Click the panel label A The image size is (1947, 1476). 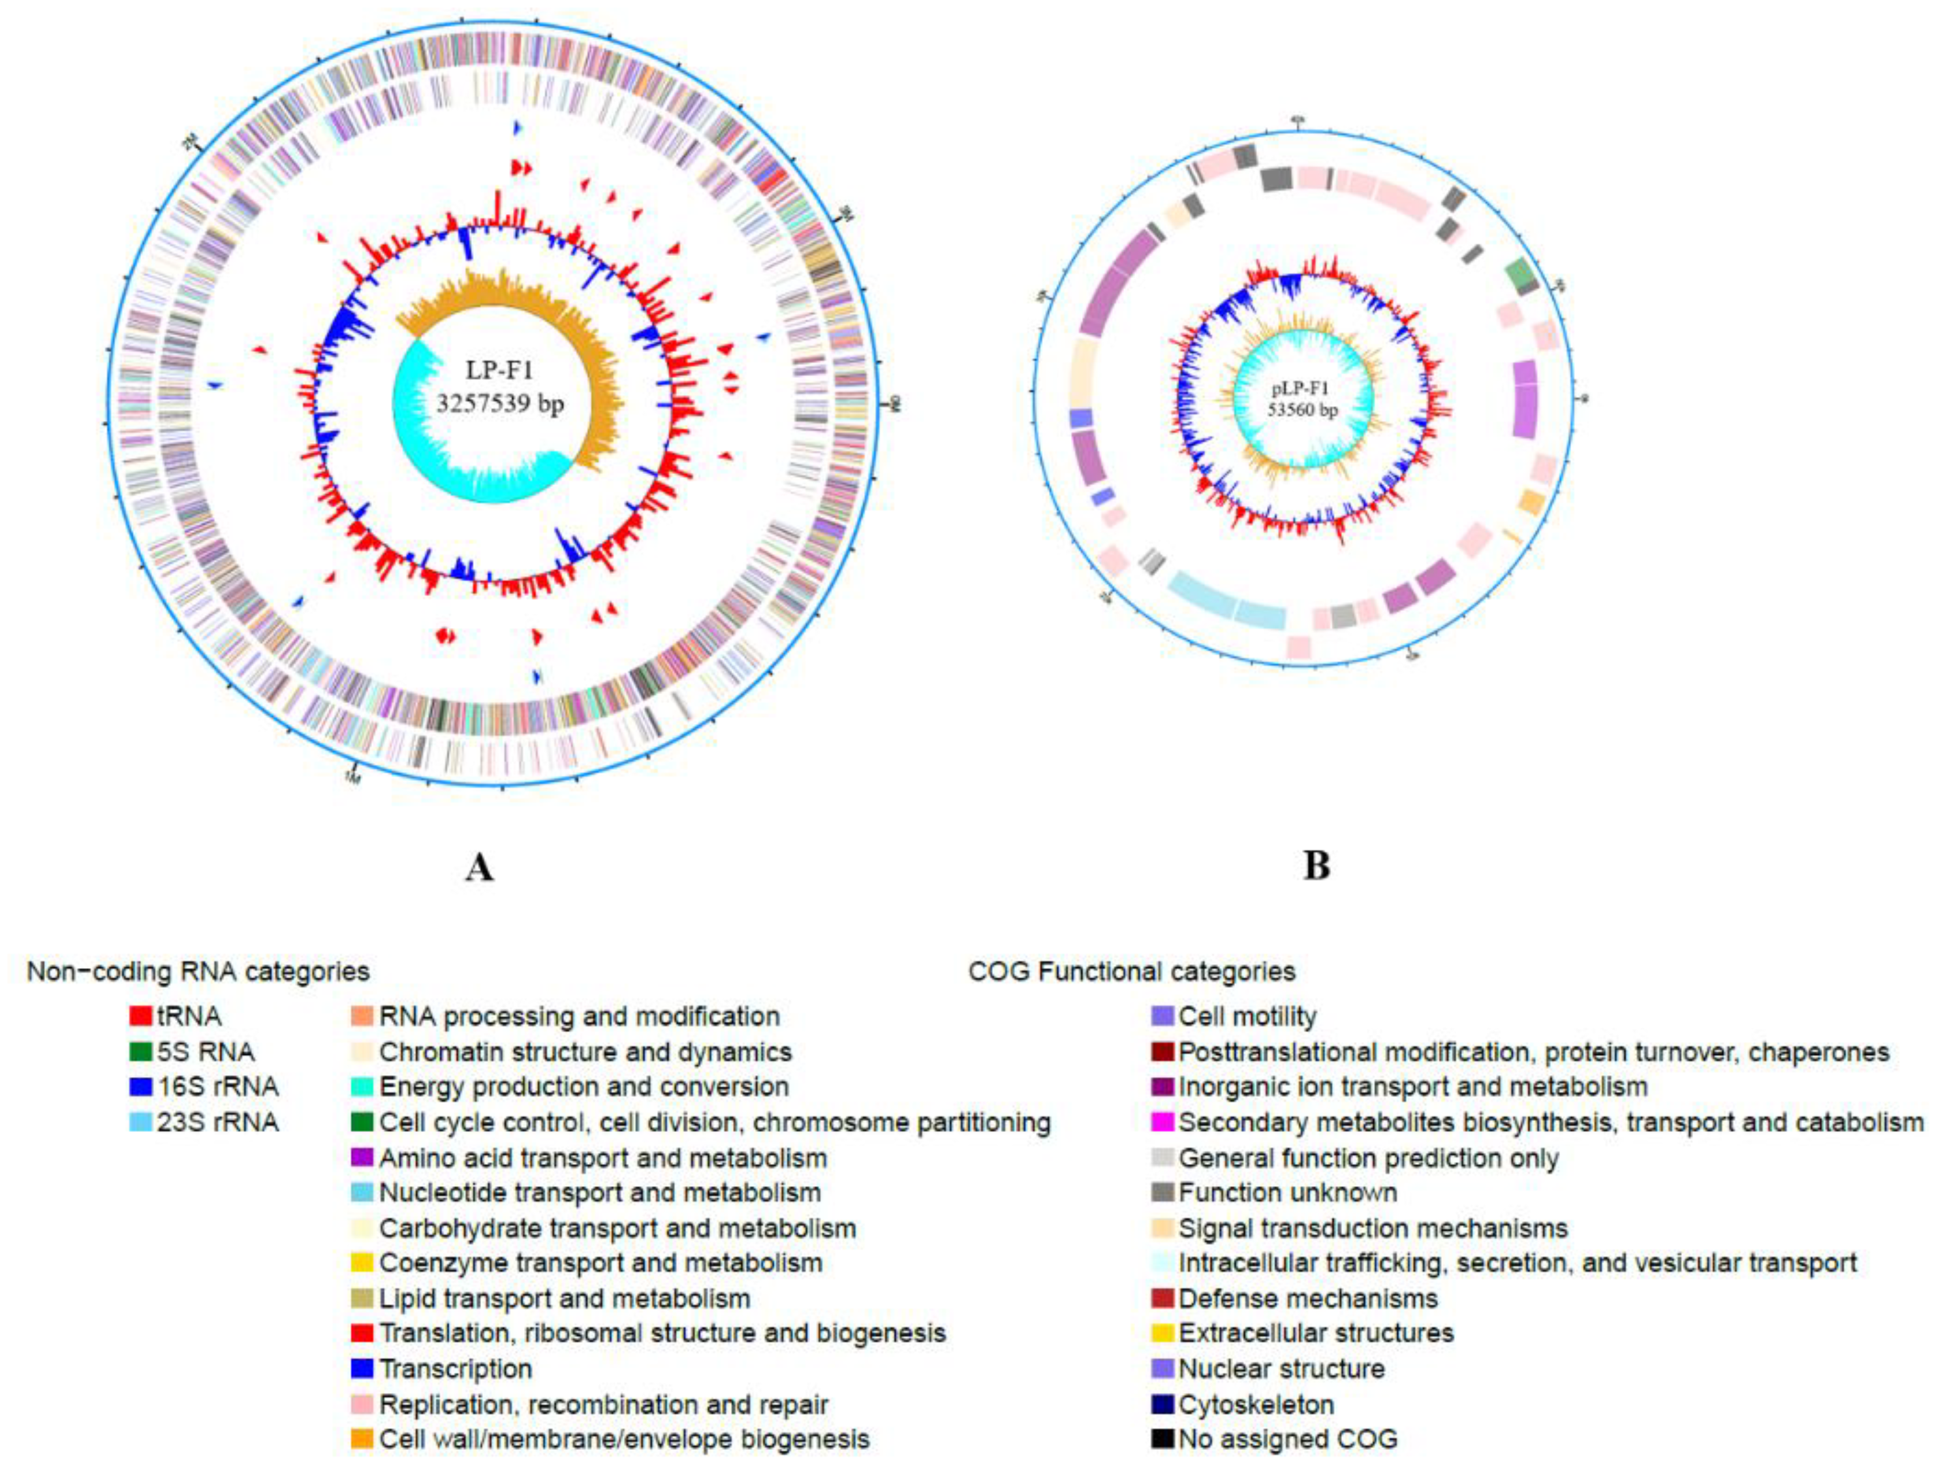[x=479, y=868]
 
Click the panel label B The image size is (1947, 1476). [x=1316, y=865]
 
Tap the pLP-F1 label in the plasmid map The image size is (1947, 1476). [x=1301, y=389]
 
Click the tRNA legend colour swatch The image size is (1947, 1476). [x=140, y=1016]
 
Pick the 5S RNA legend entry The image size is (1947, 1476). [x=205, y=1052]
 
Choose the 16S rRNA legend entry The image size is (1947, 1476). [x=217, y=1087]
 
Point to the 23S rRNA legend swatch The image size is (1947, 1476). [x=140, y=1122]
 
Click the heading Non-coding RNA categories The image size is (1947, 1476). [x=198, y=971]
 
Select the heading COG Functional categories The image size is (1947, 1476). [x=1131, y=971]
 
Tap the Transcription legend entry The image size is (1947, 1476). [x=455, y=1369]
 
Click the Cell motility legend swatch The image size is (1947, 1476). [x=1162, y=1016]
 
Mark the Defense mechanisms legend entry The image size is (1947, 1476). [x=1307, y=1298]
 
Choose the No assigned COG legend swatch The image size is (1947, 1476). [x=1162, y=1439]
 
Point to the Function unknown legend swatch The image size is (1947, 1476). [x=1162, y=1193]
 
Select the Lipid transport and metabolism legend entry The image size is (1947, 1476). [x=564, y=1298]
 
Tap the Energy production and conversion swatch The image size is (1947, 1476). [x=362, y=1087]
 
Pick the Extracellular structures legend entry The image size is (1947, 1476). [x=1315, y=1334]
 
